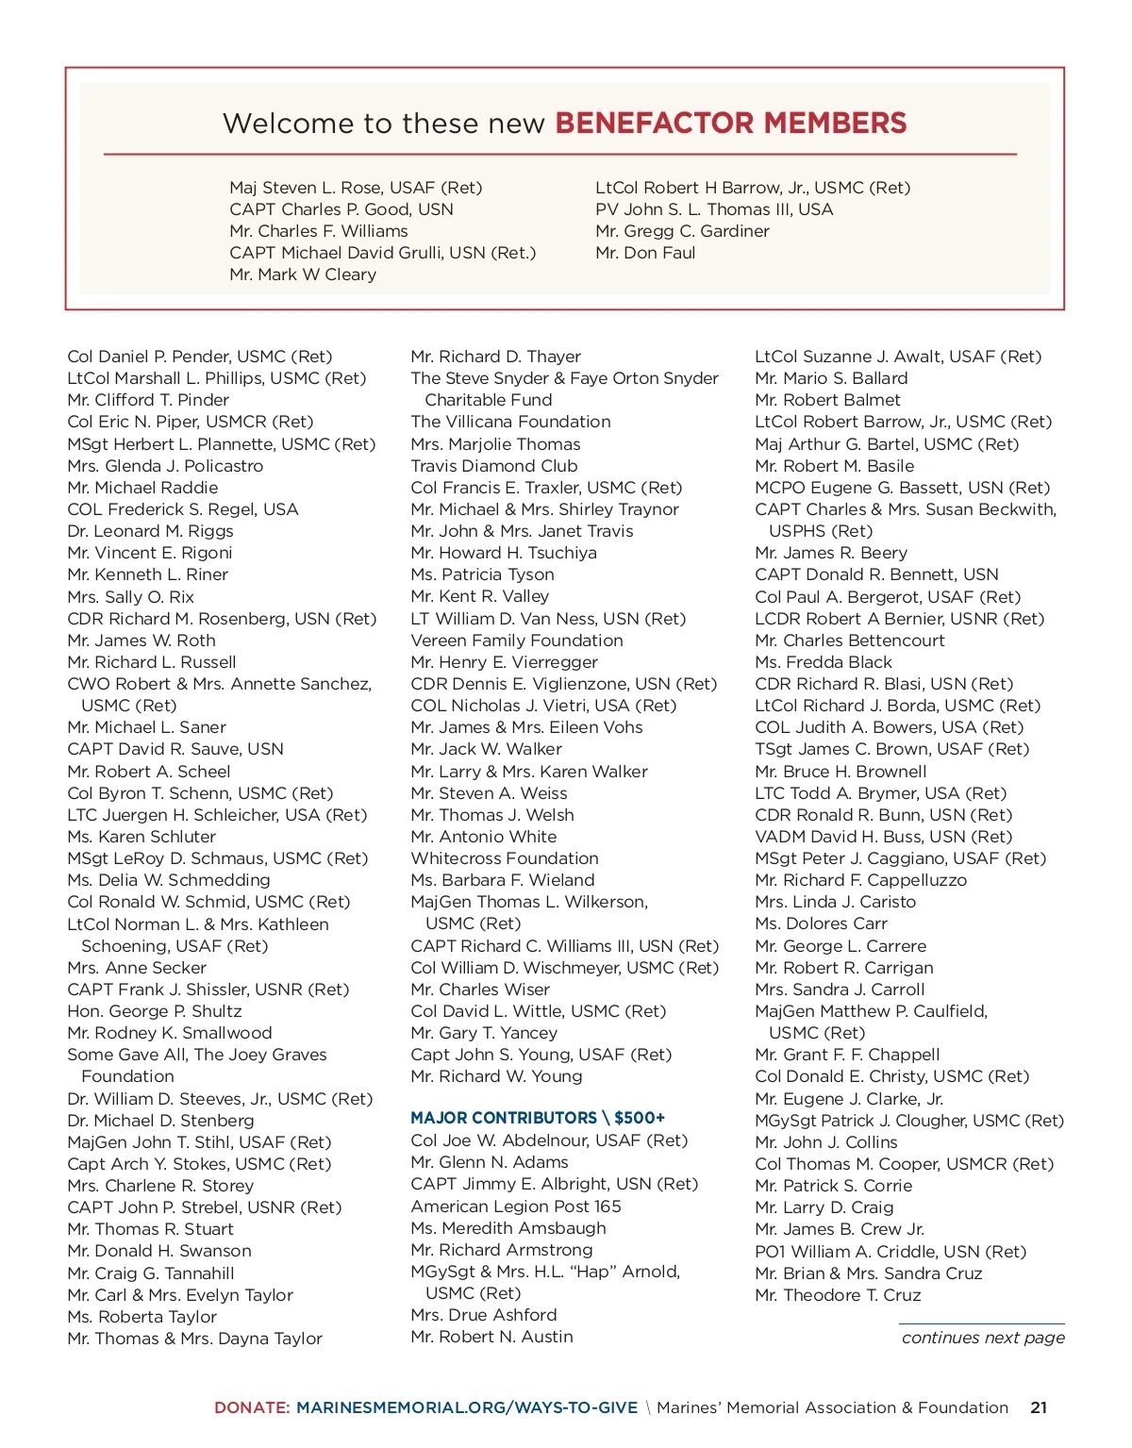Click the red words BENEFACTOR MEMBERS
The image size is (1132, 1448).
730,123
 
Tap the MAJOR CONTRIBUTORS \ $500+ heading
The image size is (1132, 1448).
538,1118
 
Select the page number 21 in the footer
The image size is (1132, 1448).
1039,1407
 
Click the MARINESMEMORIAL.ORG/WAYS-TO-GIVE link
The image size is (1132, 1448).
467,1407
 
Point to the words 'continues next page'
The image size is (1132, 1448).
983,1338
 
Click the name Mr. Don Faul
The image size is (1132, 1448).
645,253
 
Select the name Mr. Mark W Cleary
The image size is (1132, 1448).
303,275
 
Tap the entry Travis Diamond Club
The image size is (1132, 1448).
494,466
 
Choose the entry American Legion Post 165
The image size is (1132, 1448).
516,1207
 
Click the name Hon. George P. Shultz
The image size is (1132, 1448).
155,1011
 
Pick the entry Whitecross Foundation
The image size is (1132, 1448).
505,858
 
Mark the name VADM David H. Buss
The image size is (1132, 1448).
883,837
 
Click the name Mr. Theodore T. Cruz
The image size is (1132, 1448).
838,1295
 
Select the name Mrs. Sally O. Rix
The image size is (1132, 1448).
130,597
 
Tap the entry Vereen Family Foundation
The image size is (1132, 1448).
517,641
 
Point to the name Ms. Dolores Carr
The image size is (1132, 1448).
821,924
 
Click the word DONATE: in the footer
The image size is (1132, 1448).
252,1407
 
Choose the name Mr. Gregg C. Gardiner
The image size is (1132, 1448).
682,231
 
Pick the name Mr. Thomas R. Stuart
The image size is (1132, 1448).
150,1229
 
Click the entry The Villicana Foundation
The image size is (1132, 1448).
510,422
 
